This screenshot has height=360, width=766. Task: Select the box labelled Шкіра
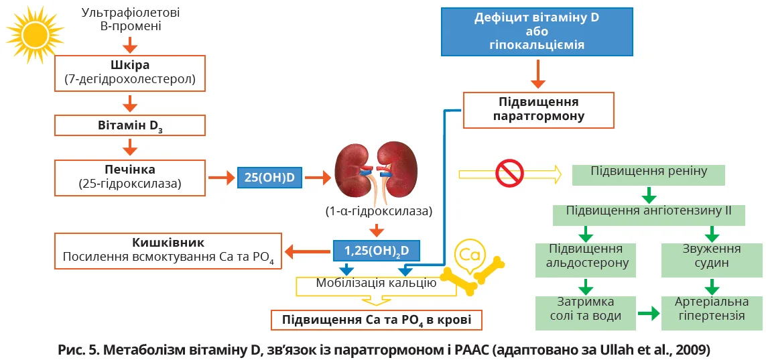point(130,72)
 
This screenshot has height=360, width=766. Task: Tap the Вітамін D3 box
point(130,125)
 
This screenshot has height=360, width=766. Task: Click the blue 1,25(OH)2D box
point(377,251)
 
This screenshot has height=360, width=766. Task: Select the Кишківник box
point(168,251)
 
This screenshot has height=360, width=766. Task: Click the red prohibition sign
point(509,174)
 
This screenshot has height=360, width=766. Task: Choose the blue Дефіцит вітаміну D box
point(537,32)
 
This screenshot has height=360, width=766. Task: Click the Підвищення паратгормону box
point(538,109)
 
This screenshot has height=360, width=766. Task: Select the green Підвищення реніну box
point(649,174)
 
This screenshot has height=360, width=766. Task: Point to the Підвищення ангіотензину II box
point(649,214)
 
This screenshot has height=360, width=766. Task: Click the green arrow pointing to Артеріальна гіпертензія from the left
point(648,312)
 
